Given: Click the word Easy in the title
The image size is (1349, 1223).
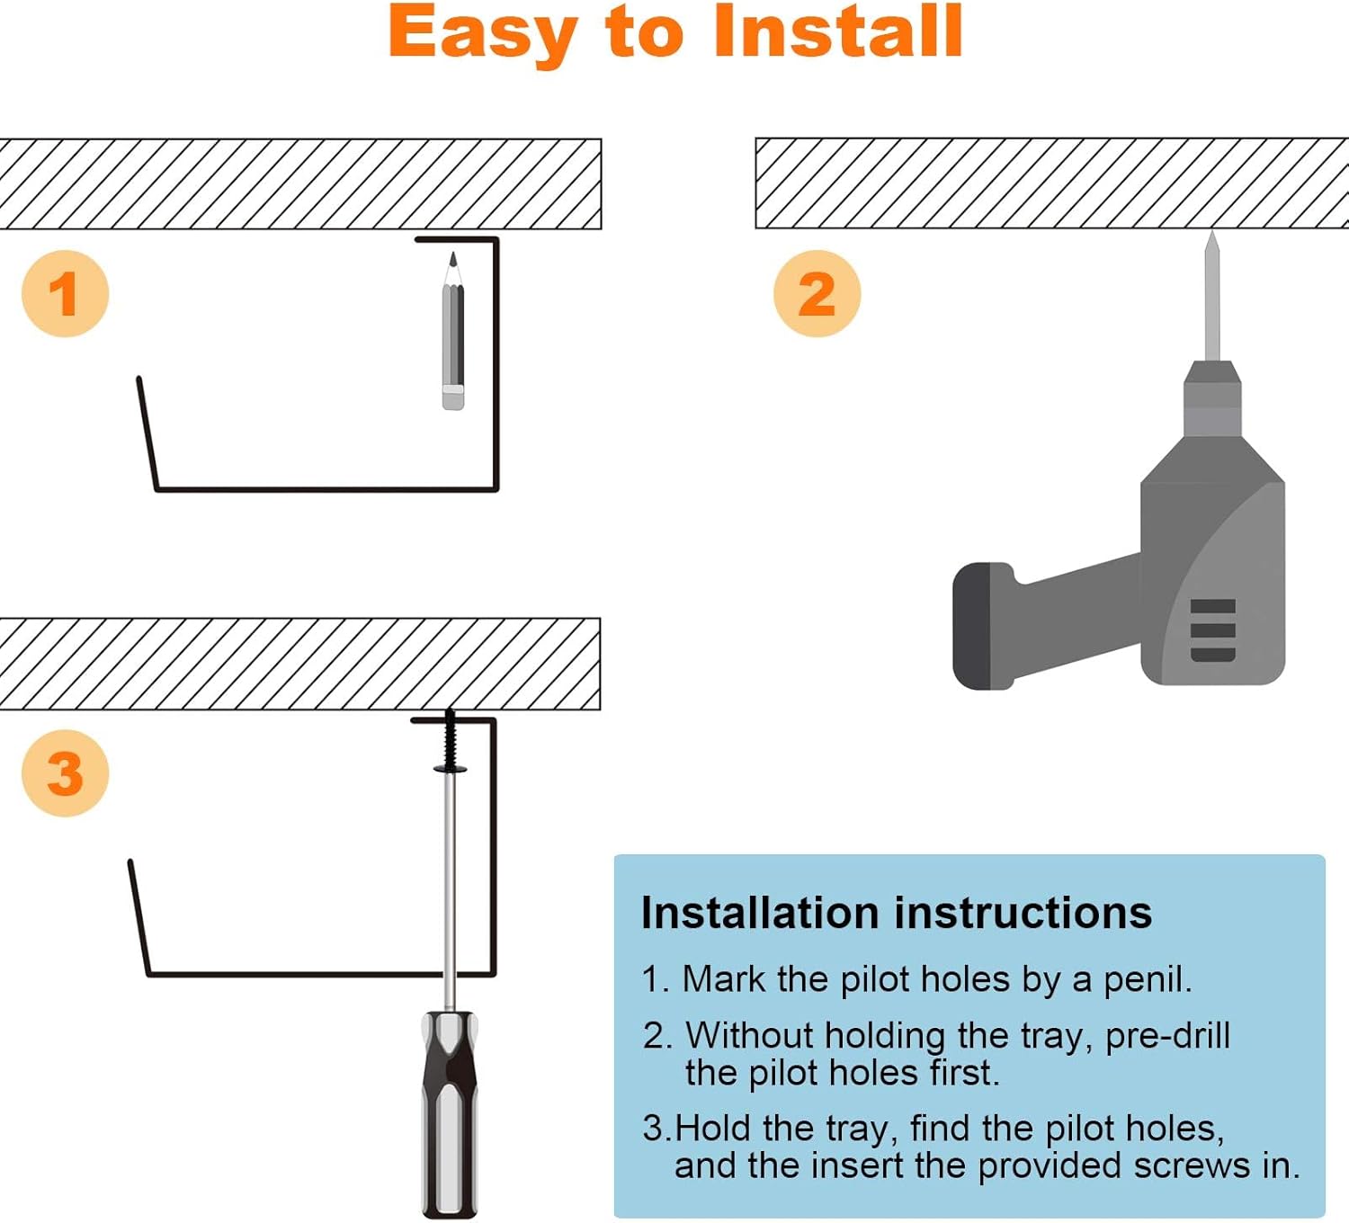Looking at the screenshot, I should [x=482, y=33].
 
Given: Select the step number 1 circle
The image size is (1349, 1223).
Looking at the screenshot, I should [x=65, y=294].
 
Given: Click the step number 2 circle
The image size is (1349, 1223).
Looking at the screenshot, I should [x=817, y=294].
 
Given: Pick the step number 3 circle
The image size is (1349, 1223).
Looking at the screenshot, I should [x=65, y=773].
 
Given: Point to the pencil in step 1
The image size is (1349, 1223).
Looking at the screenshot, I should [x=453, y=333].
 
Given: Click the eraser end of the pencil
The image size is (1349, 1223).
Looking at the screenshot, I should [x=453, y=397].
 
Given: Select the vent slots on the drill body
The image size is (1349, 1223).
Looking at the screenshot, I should [x=1212, y=629].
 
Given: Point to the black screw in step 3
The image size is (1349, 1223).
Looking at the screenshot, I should [x=450, y=742].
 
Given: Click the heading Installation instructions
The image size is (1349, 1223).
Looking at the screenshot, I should [x=896, y=913].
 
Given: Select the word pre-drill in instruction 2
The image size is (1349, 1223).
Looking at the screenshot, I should [x=1167, y=1035].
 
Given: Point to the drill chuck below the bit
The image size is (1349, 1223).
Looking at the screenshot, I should [x=1212, y=396].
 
